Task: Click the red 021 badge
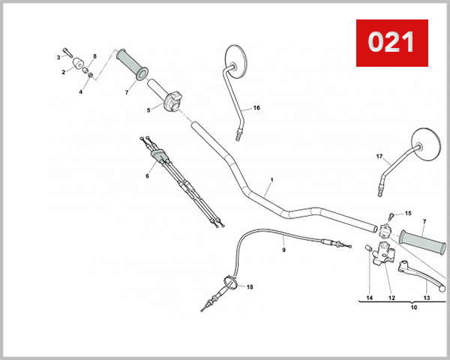point(391,42)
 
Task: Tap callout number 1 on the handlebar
point(271,181)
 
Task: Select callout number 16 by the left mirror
point(256,108)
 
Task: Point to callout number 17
point(379,157)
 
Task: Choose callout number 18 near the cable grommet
point(250,287)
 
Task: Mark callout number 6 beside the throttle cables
point(147,176)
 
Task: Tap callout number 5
point(148,110)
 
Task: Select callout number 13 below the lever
point(427,298)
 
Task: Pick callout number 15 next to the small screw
point(408,213)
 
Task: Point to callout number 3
point(58,57)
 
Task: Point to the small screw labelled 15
point(392,215)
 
